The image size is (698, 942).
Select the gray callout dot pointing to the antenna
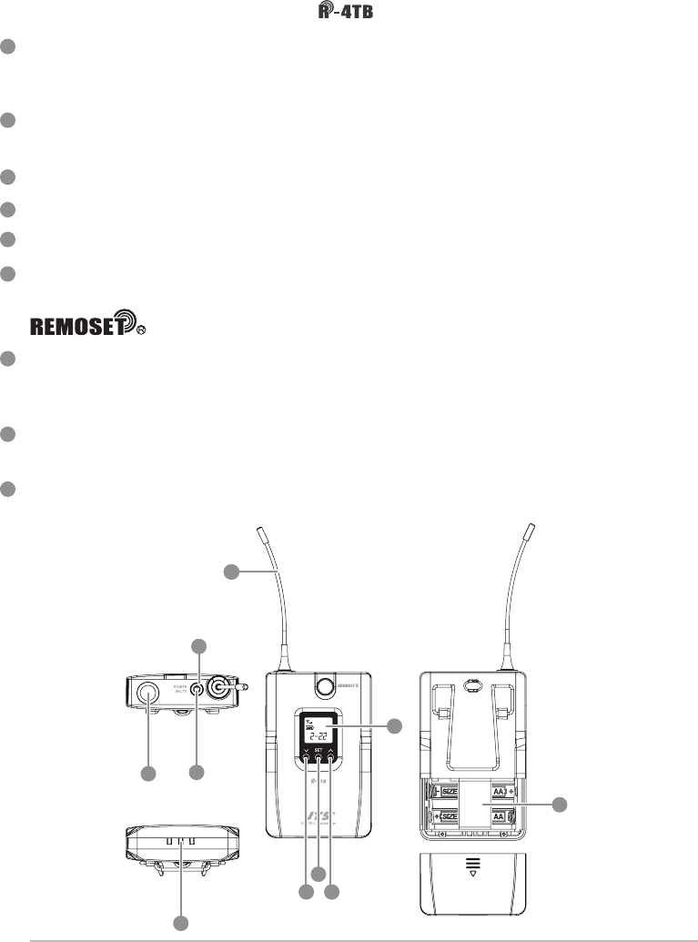click(233, 571)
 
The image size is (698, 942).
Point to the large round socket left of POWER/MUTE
click(146, 694)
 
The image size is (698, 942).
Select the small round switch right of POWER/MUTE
click(196, 692)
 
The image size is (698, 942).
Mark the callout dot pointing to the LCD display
click(394, 725)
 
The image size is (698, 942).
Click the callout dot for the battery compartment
click(560, 805)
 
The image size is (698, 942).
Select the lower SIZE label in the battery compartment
click(451, 818)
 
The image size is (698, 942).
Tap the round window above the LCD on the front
click(319, 684)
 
